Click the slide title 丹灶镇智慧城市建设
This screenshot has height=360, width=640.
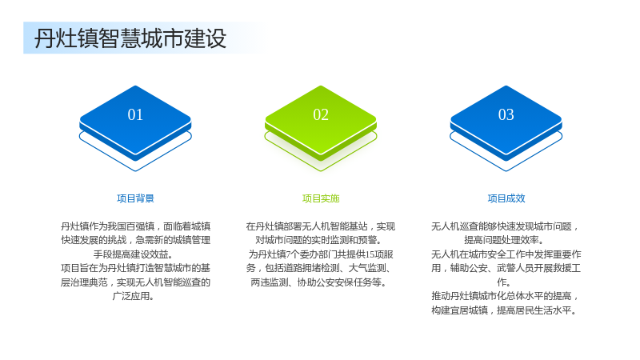(130, 38)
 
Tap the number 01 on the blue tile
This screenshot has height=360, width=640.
(135, 114)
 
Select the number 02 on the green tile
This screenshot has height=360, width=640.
(321, 114)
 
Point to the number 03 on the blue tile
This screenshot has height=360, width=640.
(506, 114)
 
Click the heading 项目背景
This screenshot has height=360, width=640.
(135, 198)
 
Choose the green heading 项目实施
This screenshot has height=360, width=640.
(321, 198)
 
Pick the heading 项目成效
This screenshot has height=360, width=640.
(506, 198)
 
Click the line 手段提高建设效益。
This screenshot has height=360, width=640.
(133, 254)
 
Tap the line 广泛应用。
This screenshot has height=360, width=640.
(133, 296)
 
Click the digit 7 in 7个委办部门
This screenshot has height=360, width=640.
(288, 254)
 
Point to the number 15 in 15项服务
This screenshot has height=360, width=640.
(370, 254)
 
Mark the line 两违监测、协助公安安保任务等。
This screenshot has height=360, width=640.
(318, 282)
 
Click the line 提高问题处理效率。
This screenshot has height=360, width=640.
(504, 240)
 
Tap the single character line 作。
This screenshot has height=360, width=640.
(504, 282)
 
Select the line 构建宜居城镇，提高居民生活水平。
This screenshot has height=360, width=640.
(505, 310)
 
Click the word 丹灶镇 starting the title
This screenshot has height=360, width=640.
(66, 38)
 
